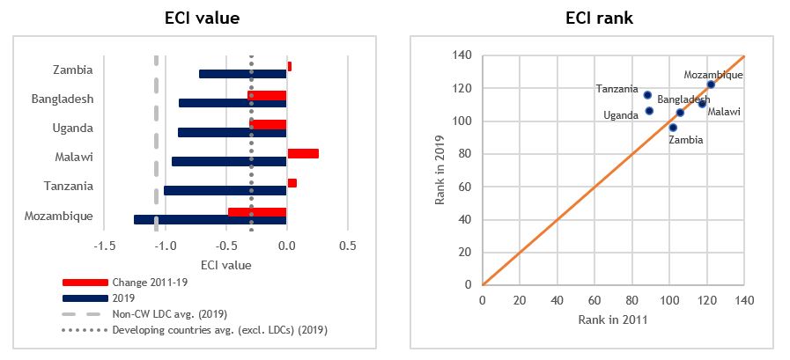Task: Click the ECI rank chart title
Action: (x=592, y=18)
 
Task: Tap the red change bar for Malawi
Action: (x=303, y=153)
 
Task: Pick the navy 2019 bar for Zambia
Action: (x=242, y=74)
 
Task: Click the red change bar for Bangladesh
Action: (x=268, y=95)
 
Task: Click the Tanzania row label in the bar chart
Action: (x=70, y=187)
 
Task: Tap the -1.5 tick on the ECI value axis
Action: (x=104, y=246)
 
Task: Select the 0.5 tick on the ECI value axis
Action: (x=347, y=246)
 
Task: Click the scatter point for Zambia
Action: (x=673, y=128)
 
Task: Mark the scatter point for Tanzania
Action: (x=647, y=95)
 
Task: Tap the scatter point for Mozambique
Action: (x=711, y=84)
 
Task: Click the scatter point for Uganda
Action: (x=649, y=111)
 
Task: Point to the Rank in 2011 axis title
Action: (x=613, y=320)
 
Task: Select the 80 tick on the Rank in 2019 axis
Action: (x=466, y=154)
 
